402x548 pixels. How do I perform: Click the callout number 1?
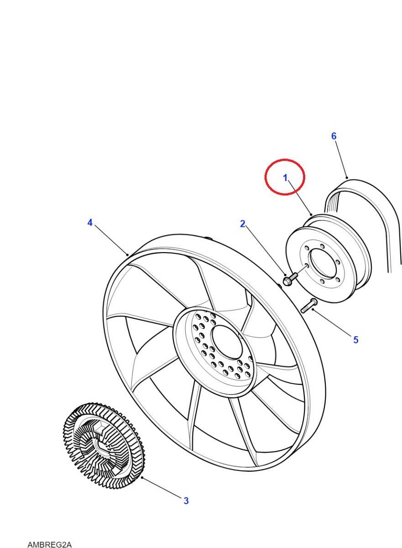[286, 178]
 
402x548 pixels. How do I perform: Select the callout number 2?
[243, 224]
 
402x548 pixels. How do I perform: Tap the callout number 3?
[186, 501]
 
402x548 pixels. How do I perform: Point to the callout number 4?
[90, 222]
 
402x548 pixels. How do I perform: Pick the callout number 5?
[356, 340]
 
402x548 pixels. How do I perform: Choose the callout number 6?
[334, 136]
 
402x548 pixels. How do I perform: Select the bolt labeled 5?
[309, 306]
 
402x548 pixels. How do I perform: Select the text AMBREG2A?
[50, 544]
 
